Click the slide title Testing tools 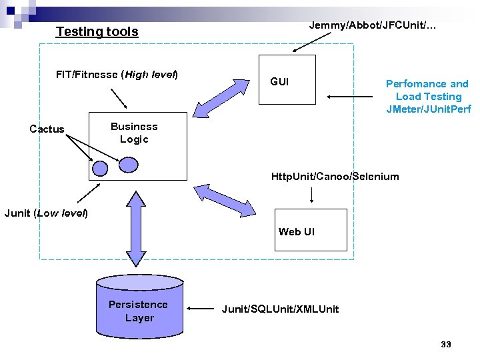point(97,31)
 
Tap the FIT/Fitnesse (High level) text point(117,74)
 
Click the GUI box point(287,79)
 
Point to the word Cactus point(47,129)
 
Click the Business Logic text point(134,133)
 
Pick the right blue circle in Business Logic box point(129,164)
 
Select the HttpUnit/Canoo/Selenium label point(335,177)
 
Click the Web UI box point(311,230)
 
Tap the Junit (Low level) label point(46,213)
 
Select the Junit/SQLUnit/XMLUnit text point(280,309)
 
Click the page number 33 point(446,344)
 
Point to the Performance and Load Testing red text point(427,96)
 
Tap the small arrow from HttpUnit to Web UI point(312,195)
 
